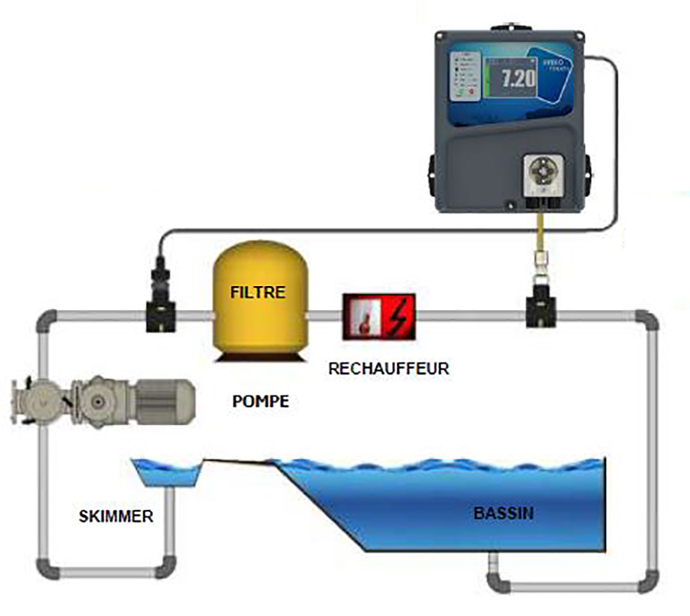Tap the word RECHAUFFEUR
[x=389, y=368]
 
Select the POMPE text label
[x=260, y=401]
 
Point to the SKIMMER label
[x=116, y=516]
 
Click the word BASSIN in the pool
[x=504, y=512]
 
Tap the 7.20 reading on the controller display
[x=518, y=79]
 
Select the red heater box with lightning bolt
[x=378, y=316]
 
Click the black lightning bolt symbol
[x=397, y=317]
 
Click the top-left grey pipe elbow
[x=47, y=320]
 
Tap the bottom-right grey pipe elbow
[x=644, y=583]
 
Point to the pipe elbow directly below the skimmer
[x=165, y=567]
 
